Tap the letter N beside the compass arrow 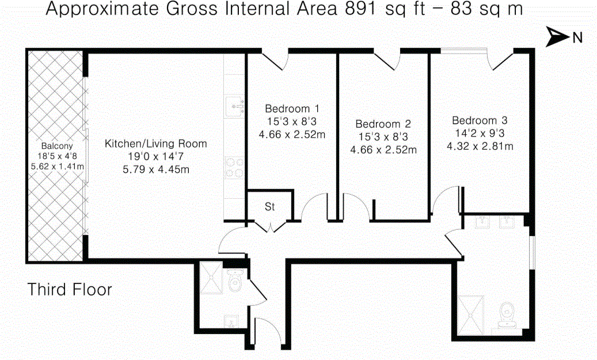pyautogui.click(x=577, y=37)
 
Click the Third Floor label pyautogui.click(x=70, y=290)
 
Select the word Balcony pyautogui.click(x=57, y=146)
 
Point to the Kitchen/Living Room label pyautogui.click(x=155, y=143)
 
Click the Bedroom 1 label pyautogui.click(x=292, y=108)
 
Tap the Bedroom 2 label pyautogui.click(x=383, y=124)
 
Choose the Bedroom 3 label pyautogui.click(x=480, y=120)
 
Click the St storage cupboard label pyautogui.click(x=269, y=206)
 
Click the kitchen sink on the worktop pyautogui.click(x=234, y=107)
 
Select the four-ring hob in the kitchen pyautogui.click(x=234, y=168)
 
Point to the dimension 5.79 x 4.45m pyautogui.click(x=155, y=169)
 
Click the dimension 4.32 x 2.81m pyautogui.click(x=480, y=146)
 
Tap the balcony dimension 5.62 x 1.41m pyautogui.click(x=57, y=166)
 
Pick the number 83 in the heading pyautogui.click(x=461, y=9)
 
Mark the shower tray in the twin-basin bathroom pyautogui.click(x=470, y=315)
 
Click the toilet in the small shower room pyautogui.click(x=234, y=280)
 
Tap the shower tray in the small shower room pyautogui.click(x=212, y=278)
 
